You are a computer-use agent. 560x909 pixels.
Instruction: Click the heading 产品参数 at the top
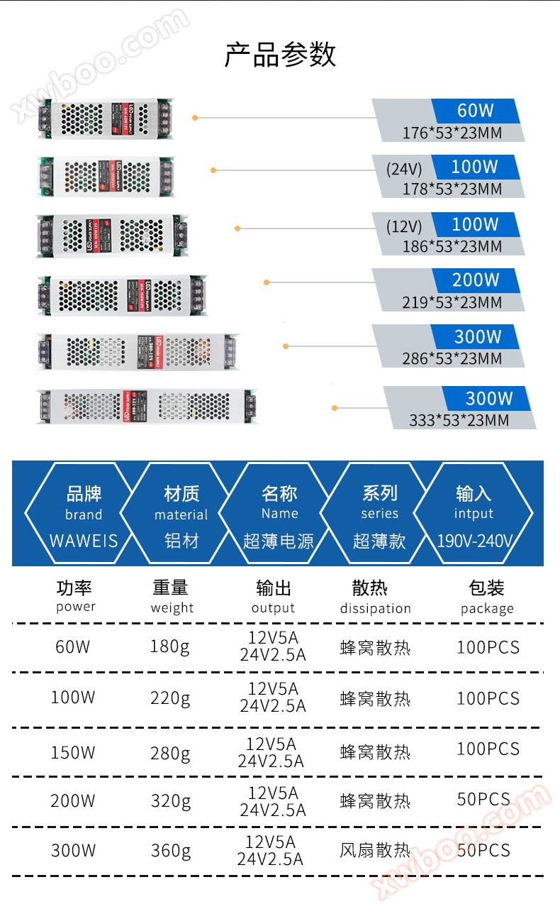coord(280,55)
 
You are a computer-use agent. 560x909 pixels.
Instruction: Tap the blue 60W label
coord(475,111)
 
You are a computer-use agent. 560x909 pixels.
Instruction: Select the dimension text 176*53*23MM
coord(452,133)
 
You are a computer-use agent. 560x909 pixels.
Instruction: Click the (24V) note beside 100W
coord(404,169)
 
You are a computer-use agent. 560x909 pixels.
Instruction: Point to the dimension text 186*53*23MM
coord(452,247)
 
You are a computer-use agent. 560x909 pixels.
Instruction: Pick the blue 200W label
coord(476,280)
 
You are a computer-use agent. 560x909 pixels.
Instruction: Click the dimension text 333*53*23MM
coord(459,420)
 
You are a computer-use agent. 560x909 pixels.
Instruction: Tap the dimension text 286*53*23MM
coord(452,358)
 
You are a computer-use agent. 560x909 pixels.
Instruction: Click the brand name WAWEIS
coord(84,541)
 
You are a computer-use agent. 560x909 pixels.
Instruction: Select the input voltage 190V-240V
coord(474,541)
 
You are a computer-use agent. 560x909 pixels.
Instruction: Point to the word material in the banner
coord(181,515)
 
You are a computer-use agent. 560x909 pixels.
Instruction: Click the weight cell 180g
coord(170,647)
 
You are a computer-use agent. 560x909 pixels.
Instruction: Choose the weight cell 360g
coord(171,850)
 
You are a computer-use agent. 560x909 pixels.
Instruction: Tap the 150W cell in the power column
coord(73,752)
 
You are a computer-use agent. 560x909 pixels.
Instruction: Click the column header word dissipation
coord(375,609)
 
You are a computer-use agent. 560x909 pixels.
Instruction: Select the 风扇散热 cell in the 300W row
coord(375,850)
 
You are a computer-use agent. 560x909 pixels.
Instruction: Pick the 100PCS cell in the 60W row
coord(488,647)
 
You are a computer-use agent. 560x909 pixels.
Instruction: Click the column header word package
coord(487,609)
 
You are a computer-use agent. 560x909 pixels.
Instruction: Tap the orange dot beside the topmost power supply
coord(195,117)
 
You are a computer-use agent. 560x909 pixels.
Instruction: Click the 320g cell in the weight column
coord(171,801)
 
